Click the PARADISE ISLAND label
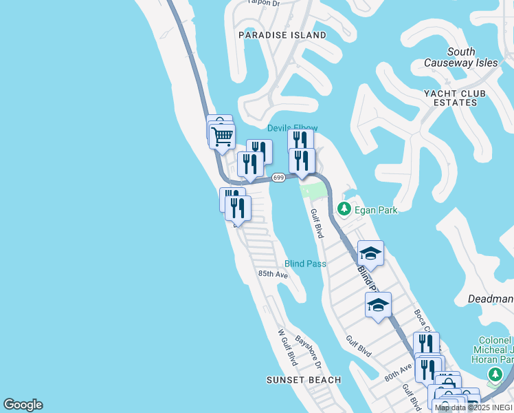[282, 34]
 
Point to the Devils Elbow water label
[292, 128]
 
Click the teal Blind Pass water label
[306, 264]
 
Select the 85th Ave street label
[273, 274]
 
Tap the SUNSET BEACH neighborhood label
[304, 380]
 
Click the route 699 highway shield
[278, 178]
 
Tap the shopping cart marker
[222, 136]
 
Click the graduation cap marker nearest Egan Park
[370, 253]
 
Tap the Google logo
[23, 405]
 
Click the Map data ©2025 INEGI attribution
[473, 407]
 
